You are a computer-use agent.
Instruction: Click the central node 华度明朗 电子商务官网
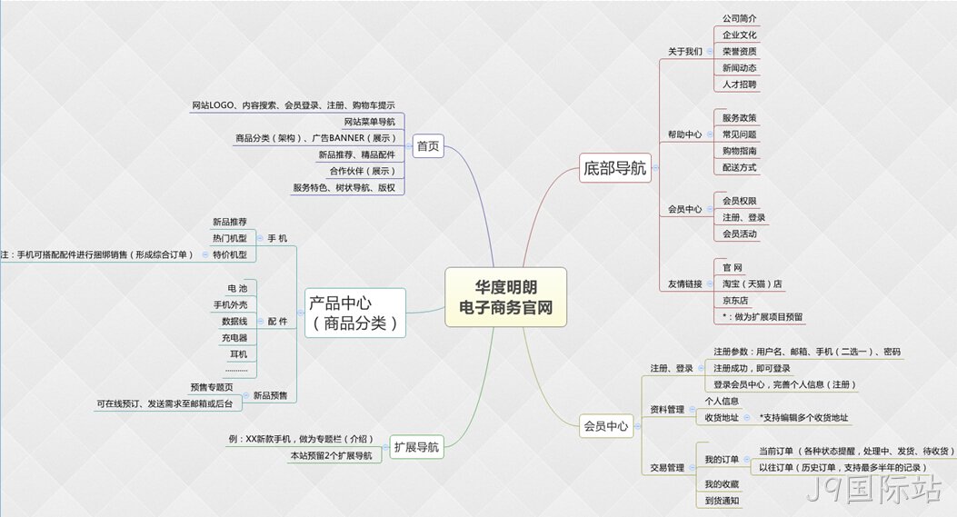[506, 296]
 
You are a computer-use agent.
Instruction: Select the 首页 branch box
[428, 146]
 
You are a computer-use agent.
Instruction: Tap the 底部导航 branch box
[614, 168]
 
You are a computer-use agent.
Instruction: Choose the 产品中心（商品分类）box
[355, 313]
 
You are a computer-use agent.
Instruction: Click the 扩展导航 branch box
[416, 447]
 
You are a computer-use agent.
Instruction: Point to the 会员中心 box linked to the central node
[606, 426]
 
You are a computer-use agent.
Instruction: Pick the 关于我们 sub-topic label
[684, 51]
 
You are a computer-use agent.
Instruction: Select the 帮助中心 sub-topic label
[684, 134]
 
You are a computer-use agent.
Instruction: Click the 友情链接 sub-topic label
[684, 283]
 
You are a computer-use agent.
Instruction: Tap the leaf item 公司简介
[739, 18]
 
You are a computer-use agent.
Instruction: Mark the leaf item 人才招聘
[739, 85]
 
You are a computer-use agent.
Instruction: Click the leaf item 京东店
[735, 301]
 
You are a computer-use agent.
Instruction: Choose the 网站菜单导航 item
[369, 122]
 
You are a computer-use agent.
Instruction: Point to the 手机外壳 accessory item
[230, 304]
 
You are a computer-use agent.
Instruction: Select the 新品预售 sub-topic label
[270, 395]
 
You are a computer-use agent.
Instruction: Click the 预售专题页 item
[211, 387]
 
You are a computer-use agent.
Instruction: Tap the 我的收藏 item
[722, 484]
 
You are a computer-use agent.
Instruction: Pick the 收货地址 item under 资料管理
[722, 417]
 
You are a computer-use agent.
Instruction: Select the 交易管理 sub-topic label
[667, 468]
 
